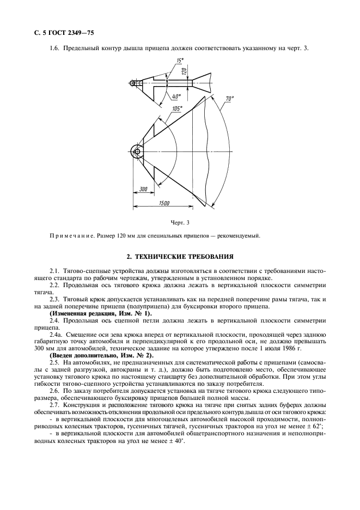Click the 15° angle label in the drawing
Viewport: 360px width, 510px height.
coord(179,60)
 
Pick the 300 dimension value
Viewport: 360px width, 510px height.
coord(143,189)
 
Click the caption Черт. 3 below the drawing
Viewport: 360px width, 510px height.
coord(180,222)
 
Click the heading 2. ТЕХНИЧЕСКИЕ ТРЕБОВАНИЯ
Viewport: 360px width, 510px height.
coord(180,255)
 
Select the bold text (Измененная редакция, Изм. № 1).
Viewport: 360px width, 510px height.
coord(93,314)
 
